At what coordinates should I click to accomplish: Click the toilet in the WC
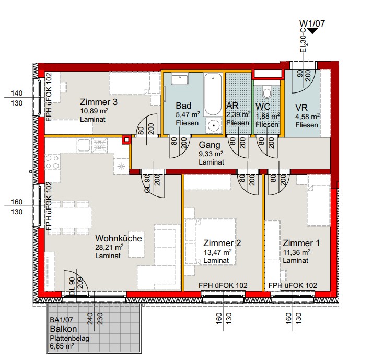click(x=267, y=92)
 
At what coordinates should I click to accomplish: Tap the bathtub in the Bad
click(x=213, y=94)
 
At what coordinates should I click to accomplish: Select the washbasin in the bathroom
click(x=180, y=78)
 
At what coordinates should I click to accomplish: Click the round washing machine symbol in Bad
click(x=214, y=125)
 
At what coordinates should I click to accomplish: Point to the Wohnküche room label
click(x=119, y=238)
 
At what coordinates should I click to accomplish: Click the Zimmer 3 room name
click(x=98, y=102)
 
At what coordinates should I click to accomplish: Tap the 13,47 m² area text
click(x=217, y=252)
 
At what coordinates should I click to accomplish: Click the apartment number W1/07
click(x=312, y=24)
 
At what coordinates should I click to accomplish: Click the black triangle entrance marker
click(x=312, y=31)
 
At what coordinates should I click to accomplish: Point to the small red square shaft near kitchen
click(x=126, y=140)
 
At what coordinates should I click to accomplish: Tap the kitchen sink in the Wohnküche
click(x=83, y=145)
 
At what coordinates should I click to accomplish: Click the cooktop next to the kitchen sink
click(x=99, y=145)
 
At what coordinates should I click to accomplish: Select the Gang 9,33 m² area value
click(x=211, y=154)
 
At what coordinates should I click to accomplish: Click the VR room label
click(x=301, y=108)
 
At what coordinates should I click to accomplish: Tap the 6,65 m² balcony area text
click(x=62, y=346)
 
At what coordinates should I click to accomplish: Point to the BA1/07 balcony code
click(x=61, y=320)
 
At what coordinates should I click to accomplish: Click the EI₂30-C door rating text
click(x=303, y=40)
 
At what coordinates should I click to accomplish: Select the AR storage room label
click(x=232, y=106)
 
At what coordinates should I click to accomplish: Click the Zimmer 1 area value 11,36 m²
click(x=297, y=252)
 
